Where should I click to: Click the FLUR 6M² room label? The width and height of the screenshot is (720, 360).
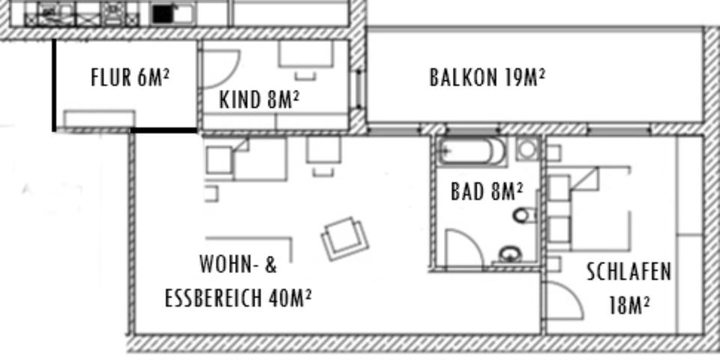pyautogui.click(x=130, y=77)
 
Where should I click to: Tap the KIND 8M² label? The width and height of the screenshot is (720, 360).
pyautogui.click(x=259, y=100)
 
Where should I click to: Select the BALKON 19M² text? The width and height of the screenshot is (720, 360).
pyautogui.click(x=487, y=77)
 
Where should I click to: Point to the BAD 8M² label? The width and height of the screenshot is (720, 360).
pyautogui.click(x=487, y=192)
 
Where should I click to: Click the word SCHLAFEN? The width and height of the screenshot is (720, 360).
pyautogui.click(x=628, y=271)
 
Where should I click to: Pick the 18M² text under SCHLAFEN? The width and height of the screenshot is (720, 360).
pyautogui.click(x=628, y=305)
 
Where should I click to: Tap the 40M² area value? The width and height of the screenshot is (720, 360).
pyautogui.click(x=289, y=298)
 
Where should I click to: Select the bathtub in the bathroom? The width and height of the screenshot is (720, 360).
pyautogui.click(x=472, y=151)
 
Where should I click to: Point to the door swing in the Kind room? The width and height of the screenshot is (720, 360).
pyautogui.click(x=220, y=67)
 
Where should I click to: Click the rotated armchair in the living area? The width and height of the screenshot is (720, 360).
pyautogui.click(x=345, y=238)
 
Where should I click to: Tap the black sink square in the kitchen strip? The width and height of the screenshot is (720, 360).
pyautogui.click(x=163, y=13)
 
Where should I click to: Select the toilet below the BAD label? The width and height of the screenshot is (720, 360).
pyautogui.click(x=523, y=216)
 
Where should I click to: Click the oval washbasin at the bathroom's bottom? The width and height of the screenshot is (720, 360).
pyautogui.click(x=511, y=253)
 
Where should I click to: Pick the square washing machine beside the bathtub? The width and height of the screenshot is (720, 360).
pyautogui.click(x=528, y=149)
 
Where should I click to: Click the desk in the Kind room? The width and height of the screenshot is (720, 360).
pyautogui.click(x=305, y=53)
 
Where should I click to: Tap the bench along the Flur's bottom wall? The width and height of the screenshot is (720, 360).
pyautogui.click(x=99, y=118)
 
